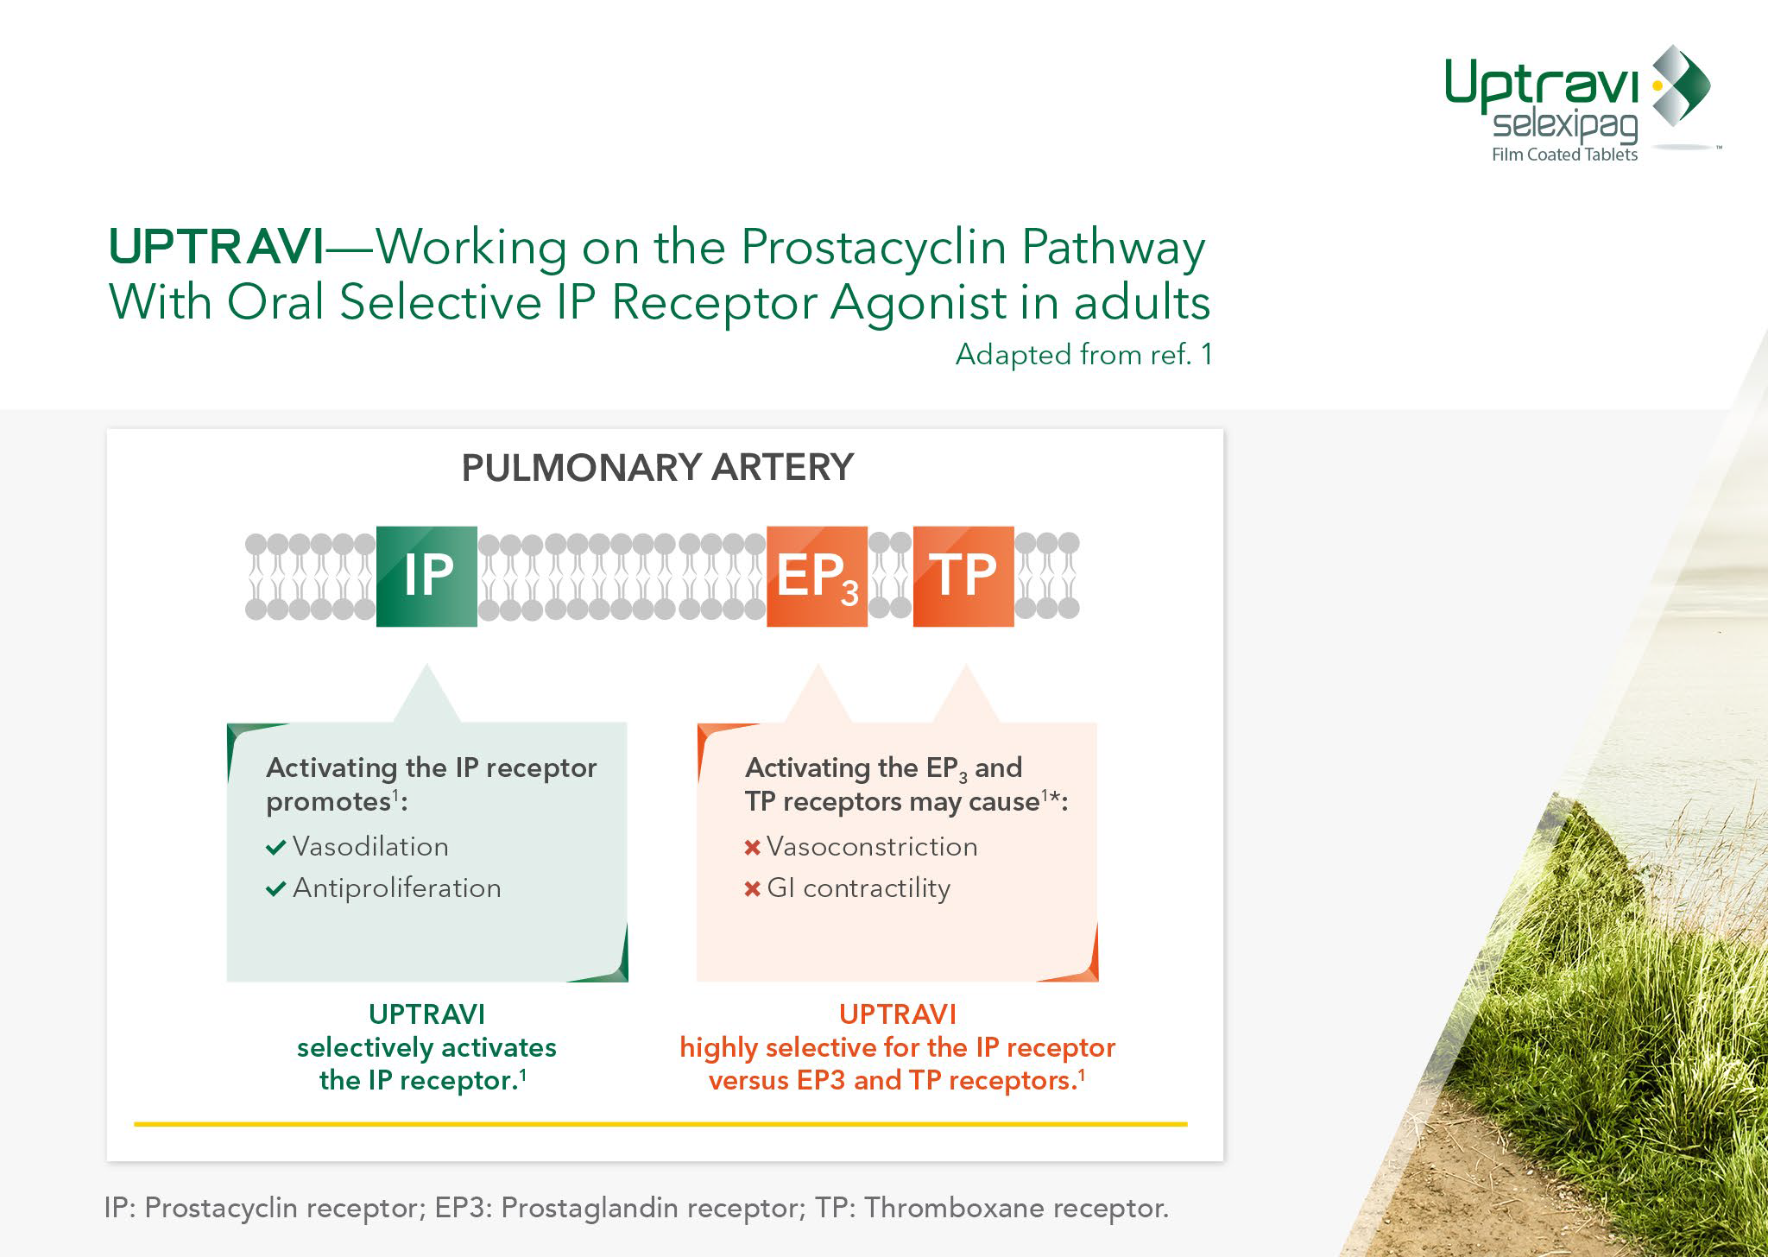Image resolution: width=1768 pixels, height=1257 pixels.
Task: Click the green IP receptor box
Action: (x=426, y=576)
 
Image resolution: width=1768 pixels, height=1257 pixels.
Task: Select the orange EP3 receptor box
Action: (x=817, y=576)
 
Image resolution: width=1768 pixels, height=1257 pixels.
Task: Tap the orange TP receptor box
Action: (x=963, y=576)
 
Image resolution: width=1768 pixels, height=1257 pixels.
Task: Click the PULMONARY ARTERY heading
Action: (x=657, y=468)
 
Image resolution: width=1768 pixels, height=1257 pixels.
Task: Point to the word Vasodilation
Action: (x=370, y=847)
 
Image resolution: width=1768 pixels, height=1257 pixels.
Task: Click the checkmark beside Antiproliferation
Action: (x=276, y=889)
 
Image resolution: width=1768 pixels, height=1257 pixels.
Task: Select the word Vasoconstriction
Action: (x=872, y=847)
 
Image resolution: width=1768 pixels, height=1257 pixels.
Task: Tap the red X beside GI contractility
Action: (x=752, y=889)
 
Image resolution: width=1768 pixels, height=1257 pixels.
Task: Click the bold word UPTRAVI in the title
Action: (x=217, y=247)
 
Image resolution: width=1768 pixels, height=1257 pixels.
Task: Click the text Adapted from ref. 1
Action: (x=1083, y=355)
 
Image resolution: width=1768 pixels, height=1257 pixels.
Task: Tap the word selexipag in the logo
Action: (x=1564, y=126)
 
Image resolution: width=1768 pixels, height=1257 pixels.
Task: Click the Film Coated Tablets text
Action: (x=1564, y=155)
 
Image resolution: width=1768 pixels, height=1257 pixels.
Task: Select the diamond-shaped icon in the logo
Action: (x=1682, y=85)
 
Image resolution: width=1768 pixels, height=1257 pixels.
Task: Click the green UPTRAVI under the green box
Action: (x=426, y=1014)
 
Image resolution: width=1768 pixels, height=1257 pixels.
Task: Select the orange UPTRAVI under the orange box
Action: (x=898, y=1014)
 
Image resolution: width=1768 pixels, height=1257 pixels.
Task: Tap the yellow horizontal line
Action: (x=660, y=1124)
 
